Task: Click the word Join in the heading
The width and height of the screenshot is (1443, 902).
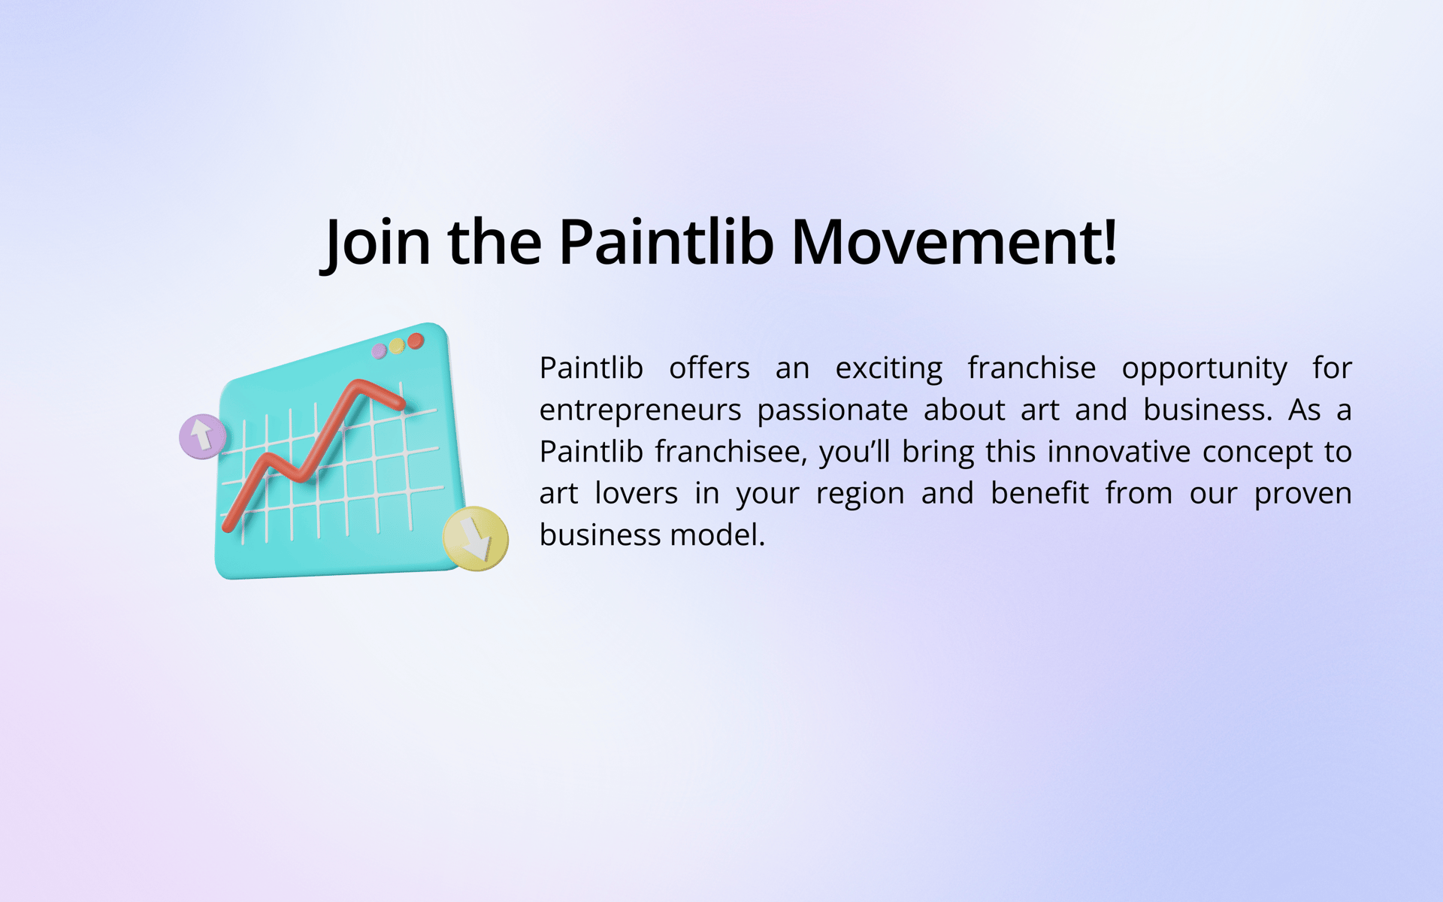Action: click(x=376, y=242)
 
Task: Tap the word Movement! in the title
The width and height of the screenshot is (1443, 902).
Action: click(x=954, y=242)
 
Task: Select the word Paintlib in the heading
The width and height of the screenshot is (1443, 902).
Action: click(x=666, y=242)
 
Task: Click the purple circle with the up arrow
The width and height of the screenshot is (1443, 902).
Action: click(x=202, y=436)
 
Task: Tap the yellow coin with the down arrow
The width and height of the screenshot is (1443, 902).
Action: click(x=476, y=538)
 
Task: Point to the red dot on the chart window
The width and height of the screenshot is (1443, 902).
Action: click(x=416, y=341)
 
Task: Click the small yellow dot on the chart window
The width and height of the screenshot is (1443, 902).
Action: click(x=397, y=346)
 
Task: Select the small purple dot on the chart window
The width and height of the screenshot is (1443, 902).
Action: click(x=380, y=351)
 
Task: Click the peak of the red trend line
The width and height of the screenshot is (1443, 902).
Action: click(x=358, y=385)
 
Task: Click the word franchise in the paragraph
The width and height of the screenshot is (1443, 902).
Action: click(x=1032, y=368)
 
